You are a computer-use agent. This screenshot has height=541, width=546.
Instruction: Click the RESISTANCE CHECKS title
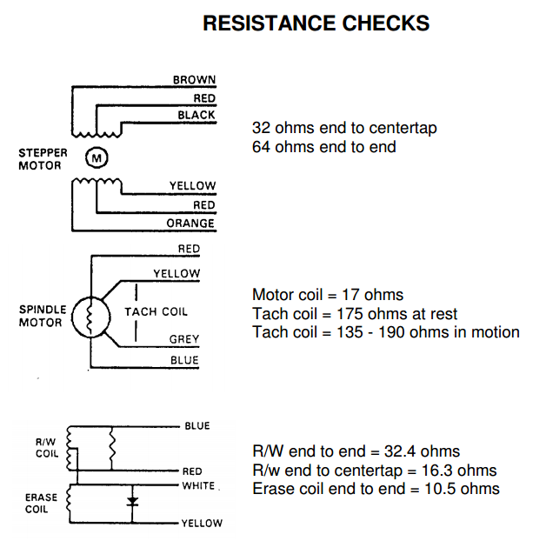[x=316, y=23]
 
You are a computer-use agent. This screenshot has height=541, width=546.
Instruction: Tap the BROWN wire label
[x=194, y=80]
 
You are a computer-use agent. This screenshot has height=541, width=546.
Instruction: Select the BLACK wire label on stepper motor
[x=196, y=116]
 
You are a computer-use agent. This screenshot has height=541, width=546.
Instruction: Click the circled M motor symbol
[x=96, y=157]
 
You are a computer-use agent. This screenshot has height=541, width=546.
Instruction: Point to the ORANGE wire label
[x=190, y=224]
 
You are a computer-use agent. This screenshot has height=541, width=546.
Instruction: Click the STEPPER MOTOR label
[x=43, y=159]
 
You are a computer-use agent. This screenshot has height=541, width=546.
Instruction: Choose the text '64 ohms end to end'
[x=323, y=147]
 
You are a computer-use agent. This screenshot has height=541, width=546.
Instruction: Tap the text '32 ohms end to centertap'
[x=344, y=128]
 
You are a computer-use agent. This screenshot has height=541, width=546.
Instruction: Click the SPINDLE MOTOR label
[x=41, y=316]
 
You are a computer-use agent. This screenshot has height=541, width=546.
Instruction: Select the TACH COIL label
[x=156, y=311]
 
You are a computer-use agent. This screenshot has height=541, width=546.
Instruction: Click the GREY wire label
[x=184, y=339]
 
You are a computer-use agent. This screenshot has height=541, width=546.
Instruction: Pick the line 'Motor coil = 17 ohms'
[x=328, y=295]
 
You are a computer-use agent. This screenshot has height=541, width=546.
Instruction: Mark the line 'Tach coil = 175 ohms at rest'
[x=355, y=314]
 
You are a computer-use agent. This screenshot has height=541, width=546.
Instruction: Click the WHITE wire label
[x=197, y=485]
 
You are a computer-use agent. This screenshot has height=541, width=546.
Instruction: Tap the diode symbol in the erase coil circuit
[x=131, y=502]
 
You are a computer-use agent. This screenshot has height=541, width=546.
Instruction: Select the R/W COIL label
[x=47, y=448]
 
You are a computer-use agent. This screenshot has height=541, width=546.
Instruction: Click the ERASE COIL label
[x=41, y=504]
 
